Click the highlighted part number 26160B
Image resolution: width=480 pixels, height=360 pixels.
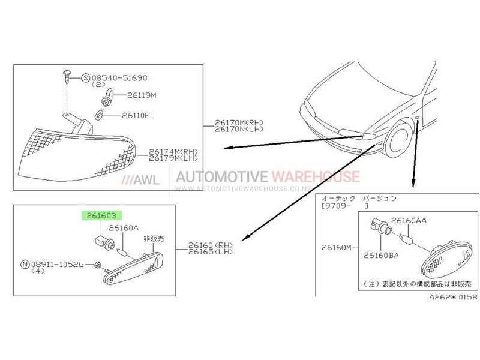click(101, 215)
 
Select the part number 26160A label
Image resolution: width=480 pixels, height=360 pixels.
click(124, 228)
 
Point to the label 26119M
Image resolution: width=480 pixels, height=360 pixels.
click(142, 95)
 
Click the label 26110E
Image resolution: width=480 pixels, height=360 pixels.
click(136, 115)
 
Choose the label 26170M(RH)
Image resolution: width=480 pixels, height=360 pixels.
click(239, 122)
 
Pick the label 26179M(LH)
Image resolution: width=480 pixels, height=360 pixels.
click(173, 158)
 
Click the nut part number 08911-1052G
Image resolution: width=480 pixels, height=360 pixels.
click(57, 264)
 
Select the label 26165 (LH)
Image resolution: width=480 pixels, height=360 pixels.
click(211, 251)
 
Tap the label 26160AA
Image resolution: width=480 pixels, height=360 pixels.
click(409, 220)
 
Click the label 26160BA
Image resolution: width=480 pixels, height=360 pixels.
click(381, 256)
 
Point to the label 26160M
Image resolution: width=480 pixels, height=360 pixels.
click(337, 247)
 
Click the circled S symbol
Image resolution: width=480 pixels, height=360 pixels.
click(86, 78)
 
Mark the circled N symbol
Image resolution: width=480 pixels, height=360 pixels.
click(25, 264)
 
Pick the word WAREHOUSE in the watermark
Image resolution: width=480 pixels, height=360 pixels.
click(316, 176)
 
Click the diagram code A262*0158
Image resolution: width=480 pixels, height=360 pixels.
click(453, 296)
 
